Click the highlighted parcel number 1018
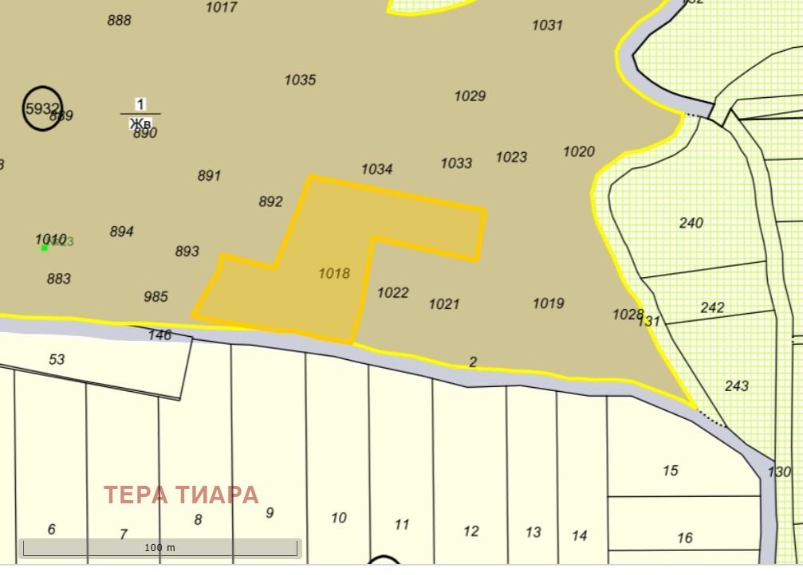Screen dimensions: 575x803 (x=334, y=273)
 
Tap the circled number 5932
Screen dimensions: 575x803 (x=41, y=108)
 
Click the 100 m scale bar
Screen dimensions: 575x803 (x=159, y=548)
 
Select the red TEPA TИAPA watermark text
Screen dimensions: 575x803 (x=182, y=495)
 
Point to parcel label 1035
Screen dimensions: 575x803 (x=300, y=80)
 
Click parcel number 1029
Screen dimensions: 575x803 (x=470, y=96)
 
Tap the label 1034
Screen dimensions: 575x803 (x=376, y=169)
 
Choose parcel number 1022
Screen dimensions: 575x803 (x=392, y=292)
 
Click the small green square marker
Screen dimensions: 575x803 (x=45, y=248)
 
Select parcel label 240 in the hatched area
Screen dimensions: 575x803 (x=691, y=223)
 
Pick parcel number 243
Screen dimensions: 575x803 (x=736, y=386)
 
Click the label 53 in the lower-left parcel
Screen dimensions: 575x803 (x=57, y=360)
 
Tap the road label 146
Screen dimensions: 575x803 (x=159, y=335)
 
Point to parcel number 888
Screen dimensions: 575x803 (x=119, y=21)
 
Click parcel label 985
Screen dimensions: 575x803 (x=155, y=297)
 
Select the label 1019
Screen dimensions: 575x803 (x=548, y=303)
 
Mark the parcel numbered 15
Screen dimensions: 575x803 (x=670, y=471)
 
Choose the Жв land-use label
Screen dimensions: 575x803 (x=140, y=123)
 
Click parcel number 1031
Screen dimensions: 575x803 (x=547, y=25)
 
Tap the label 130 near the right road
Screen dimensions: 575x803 (x=779, y=472)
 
